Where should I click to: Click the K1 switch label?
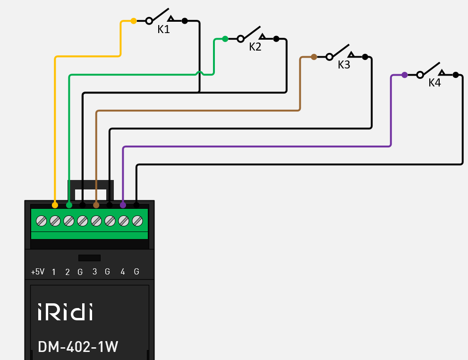163,29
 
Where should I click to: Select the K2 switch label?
255,47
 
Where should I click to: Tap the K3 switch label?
344,65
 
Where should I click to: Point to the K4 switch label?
434,83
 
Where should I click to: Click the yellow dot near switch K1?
134,21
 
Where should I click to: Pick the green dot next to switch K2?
225,39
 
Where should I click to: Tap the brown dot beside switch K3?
314,57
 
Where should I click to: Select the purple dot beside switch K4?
405,75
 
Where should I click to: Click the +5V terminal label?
38,272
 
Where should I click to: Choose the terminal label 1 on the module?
54,272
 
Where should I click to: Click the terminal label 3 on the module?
94,272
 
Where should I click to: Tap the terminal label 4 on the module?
123,272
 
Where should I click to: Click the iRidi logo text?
65,312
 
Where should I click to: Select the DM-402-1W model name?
78,347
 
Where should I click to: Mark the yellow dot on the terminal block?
55,205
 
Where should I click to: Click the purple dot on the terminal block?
123,205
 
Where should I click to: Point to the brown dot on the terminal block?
96,205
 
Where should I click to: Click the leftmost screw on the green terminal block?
41,220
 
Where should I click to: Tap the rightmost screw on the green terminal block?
137,220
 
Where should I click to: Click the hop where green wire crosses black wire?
200,73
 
